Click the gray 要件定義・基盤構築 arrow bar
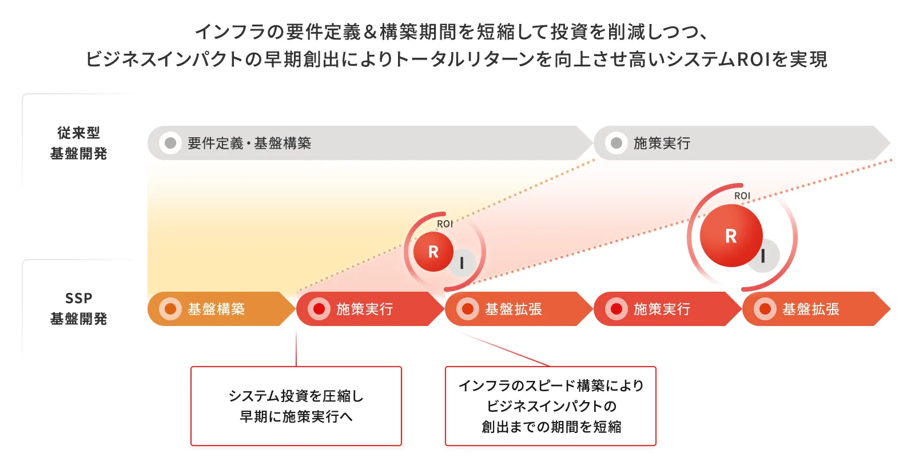click(370, 143)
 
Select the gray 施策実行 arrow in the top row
click(742, 143)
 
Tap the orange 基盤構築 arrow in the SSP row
click(221, 309)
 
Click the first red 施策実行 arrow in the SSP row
click(370, 309)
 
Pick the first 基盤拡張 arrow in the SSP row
click(519, 309)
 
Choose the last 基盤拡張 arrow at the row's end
click(816, 309)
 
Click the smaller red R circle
click(433, 252)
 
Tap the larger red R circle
click(731, 236)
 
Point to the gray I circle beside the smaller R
click(463, 263)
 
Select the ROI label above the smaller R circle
click(445, 224)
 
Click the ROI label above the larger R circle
click(742, 196)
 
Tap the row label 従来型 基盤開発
click(78, 143)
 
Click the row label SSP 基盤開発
click(78, 308)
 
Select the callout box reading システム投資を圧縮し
click(296, 406)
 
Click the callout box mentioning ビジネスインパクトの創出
click(551, 406)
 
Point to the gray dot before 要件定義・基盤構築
click(170, 143)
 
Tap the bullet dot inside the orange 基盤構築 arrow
click(170, 309)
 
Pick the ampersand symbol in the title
click(370, 32)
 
